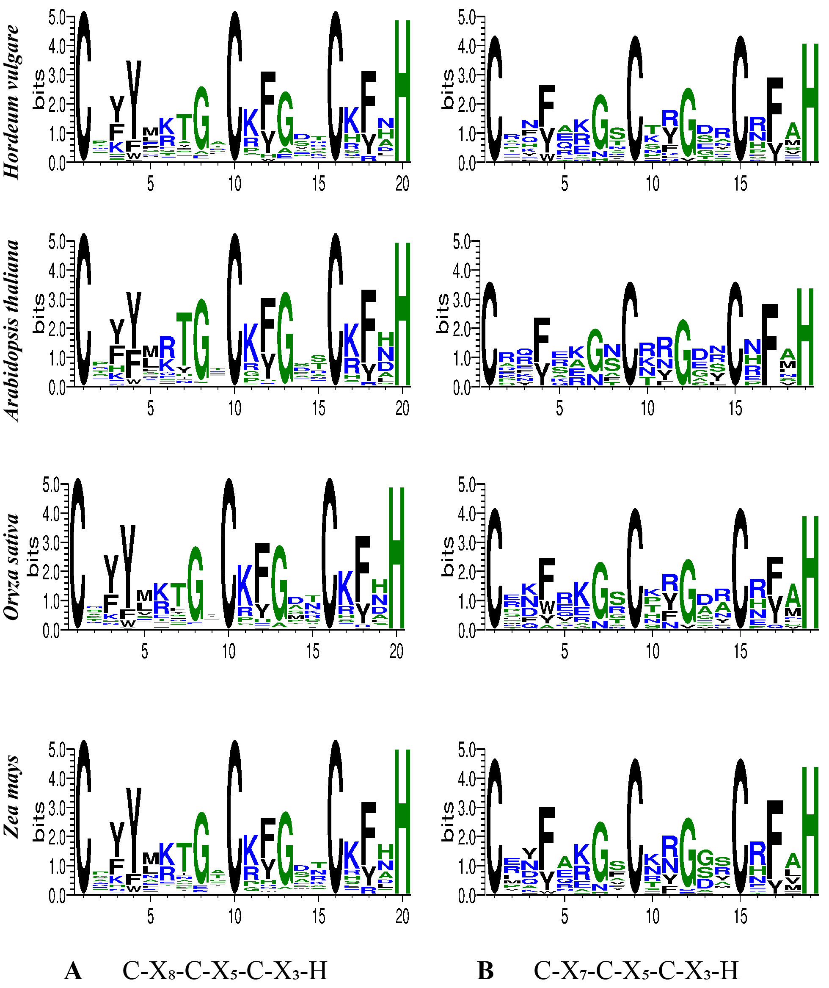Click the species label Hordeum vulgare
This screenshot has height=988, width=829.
click(x=13, y=101)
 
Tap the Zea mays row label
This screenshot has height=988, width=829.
click(x=13, y=796)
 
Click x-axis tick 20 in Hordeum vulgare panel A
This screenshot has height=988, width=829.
click(x=402, y=184)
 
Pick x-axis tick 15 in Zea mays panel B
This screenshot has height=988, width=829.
click(x=740, y=916)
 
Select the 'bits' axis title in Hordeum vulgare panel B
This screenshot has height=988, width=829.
click(x=449, y=89)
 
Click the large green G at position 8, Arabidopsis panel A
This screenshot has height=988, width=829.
click(x=201, y=340)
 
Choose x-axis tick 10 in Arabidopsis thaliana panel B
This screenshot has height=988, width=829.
click(x=647, y=408)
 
